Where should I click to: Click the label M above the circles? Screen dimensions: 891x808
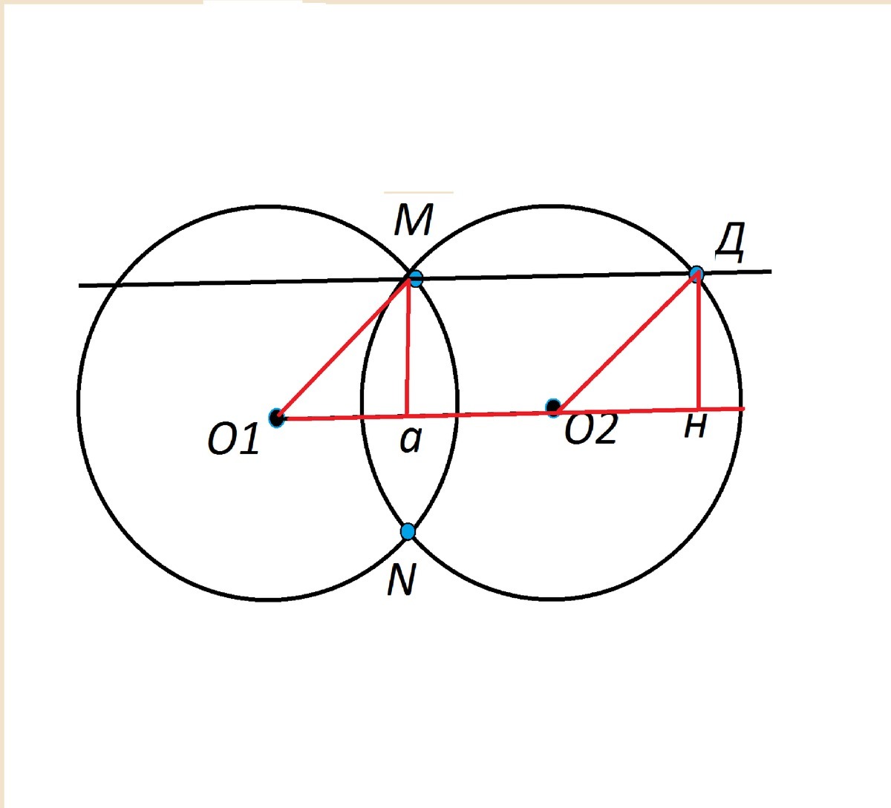[413, 220]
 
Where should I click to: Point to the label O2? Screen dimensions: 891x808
[591, 430]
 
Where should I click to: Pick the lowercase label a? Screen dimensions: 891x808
[410, 440]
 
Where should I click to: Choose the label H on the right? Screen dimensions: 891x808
[694, 427]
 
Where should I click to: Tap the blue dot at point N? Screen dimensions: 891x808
[408, 531]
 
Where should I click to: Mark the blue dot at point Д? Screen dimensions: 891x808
[696, 274]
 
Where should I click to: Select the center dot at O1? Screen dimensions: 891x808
[277, 418]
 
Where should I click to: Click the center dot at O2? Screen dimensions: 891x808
[553, 407]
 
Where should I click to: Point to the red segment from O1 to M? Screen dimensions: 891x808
[343, 349]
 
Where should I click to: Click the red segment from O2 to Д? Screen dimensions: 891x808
[628, 341]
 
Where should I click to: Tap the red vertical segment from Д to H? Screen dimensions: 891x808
[698, 341]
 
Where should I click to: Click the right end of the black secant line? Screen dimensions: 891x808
[770, 272]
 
